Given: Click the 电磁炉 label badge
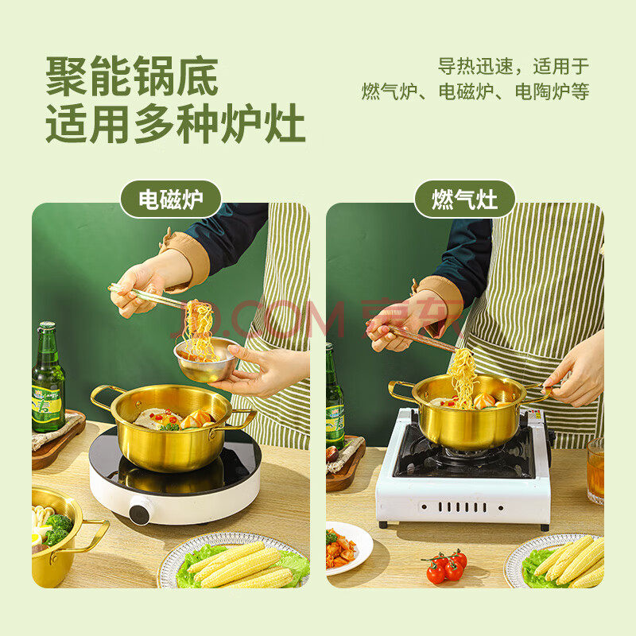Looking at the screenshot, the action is coord(171,200).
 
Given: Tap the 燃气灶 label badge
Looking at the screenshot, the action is coord(464,200).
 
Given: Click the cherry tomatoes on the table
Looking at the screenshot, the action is coord(446,565).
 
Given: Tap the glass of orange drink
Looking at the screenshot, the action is coord(595,471).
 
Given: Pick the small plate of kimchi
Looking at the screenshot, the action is coord(348,548).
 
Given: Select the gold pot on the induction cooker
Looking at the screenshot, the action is coord(172,426).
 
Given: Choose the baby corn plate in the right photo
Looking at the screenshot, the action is coord(555,562).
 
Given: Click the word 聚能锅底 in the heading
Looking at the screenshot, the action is coord(132,76).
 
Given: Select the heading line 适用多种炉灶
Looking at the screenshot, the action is coord(175,123).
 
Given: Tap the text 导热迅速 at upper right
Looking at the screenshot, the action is coord(475,66).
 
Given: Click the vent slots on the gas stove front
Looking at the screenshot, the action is coord(463,506).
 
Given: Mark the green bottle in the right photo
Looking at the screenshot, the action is coord(335,395).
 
